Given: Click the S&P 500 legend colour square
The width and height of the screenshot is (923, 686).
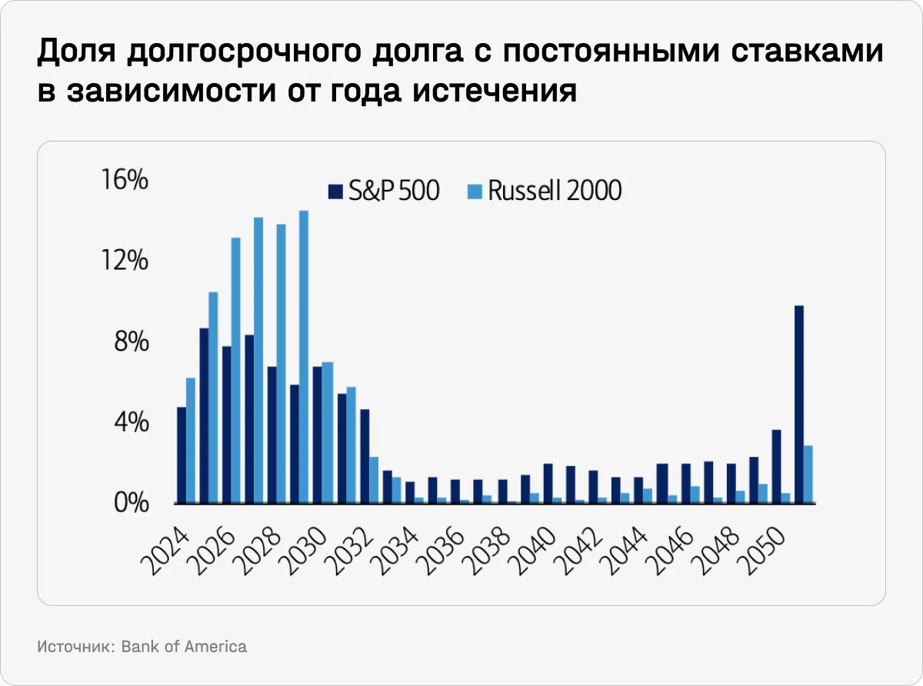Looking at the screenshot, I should point(335,191).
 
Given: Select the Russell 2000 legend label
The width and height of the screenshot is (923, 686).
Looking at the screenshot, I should point(554,191).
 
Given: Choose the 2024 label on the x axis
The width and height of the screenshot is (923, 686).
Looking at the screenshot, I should point(165,542).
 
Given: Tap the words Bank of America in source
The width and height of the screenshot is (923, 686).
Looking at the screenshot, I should point(184,646).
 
